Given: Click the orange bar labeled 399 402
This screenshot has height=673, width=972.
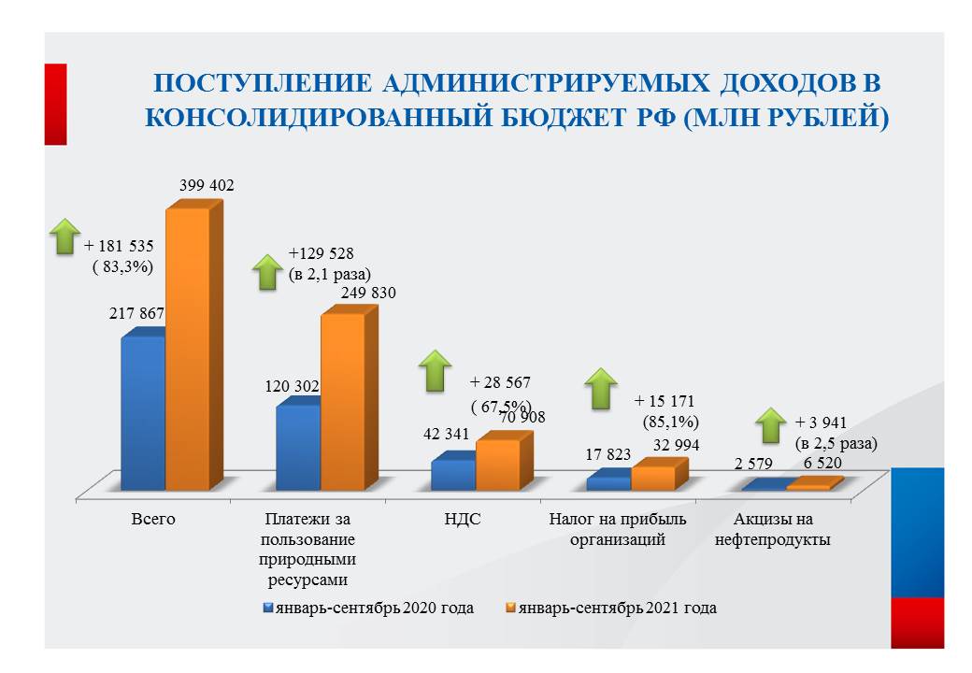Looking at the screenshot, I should coord(187,349).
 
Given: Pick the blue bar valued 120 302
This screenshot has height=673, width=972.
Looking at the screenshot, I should coord(298,447).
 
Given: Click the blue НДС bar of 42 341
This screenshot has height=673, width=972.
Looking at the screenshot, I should coord(453,474).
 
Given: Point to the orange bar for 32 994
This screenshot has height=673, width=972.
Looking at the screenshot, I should coord(652,478).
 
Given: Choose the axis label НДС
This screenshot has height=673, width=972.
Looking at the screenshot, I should coord(463,519).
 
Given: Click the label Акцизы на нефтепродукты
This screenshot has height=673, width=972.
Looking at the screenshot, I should coord(773,529).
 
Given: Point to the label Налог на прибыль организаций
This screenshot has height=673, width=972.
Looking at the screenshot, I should coord(617,529).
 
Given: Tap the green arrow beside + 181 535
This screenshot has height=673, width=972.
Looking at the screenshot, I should coord(64,236).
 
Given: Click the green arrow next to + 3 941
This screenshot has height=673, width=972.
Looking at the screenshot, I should coord(770,425).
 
